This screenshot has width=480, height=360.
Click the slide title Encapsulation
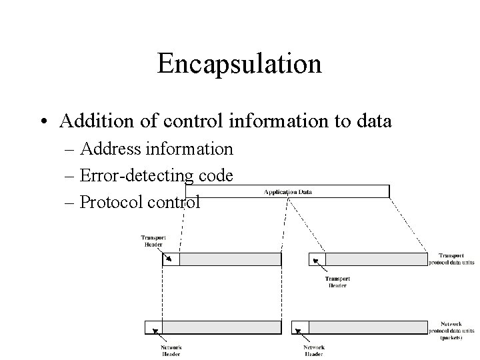239,64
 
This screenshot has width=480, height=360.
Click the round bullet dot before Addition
43,122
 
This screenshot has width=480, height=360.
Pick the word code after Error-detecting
215,176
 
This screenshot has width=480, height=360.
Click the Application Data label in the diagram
288,192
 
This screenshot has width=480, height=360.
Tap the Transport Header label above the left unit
153,241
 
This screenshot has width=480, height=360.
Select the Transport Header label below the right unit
337,282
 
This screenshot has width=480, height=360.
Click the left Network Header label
171,351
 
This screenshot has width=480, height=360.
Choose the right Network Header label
315,351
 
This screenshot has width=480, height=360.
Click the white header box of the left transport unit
171,259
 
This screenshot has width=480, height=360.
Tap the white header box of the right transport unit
317,259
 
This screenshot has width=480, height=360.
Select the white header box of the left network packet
153,327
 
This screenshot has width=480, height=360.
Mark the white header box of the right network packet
301,327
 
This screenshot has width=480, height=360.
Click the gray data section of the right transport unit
376,259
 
